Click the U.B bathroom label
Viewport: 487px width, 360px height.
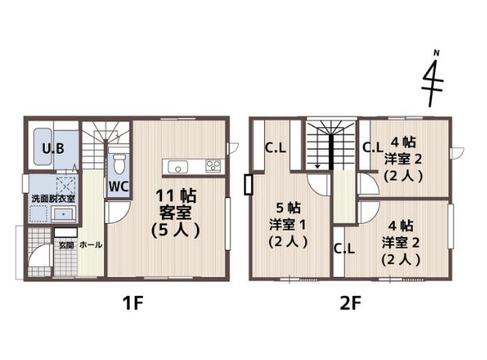pos(53,149)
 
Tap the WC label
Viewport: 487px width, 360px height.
pos(118,186)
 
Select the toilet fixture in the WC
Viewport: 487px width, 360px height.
pos(118,164)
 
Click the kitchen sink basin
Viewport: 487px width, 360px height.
pos(178,167)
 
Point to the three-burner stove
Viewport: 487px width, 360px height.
pos(213,165)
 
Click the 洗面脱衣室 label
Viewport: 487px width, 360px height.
pos(53,198)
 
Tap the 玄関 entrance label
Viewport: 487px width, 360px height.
pos(66,245)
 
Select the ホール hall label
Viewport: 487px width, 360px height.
pos(91,244)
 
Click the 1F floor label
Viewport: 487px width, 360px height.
pos(133,303)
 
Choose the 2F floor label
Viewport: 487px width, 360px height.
pos(350,303)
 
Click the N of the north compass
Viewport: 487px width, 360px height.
pos(436,53)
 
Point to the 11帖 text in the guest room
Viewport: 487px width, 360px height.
pos(176,196)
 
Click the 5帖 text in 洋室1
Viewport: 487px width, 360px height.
pos(288,208)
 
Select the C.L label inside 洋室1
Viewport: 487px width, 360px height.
pos(275,148)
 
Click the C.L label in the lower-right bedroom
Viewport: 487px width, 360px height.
pos(344,249)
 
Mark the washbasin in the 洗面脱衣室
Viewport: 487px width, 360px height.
pos(63,214)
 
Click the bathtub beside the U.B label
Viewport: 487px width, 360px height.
pos(43,147)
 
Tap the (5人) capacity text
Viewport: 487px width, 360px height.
pos(175,230)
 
